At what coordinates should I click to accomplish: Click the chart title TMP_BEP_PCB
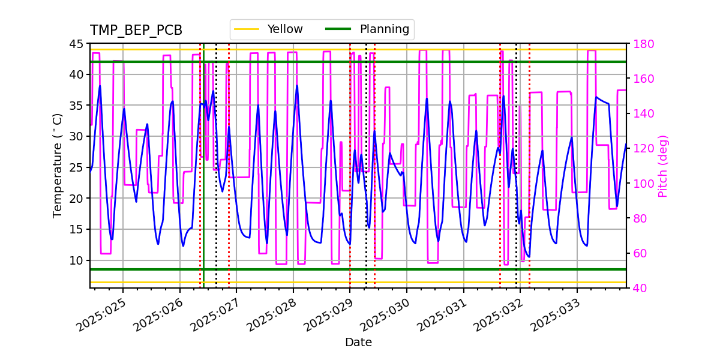pyautogui.click(x=136, y=31)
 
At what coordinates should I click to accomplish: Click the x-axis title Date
pyautogui.click(x=358, y=343)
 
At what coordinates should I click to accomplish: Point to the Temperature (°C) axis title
pyautogui.click(x=58, y=166)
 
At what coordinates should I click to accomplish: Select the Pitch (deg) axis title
pyautogui.click(x=663, y=166)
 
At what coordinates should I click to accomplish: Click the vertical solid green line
pyautogui.click(x=203, y=180)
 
